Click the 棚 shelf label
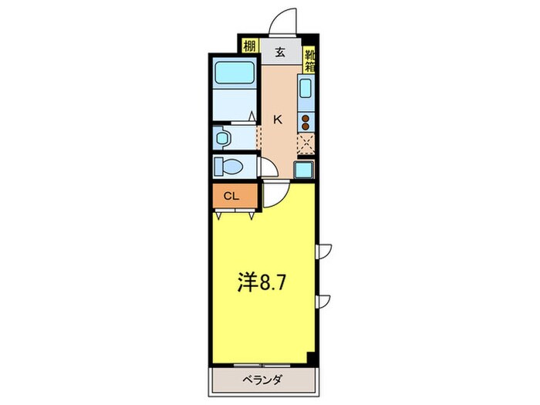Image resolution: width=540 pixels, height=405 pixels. click(249, 47)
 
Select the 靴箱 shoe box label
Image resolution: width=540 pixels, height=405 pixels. click(309, 59)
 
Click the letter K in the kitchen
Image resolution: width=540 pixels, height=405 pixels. click(278, 119)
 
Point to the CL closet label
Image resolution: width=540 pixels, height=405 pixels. click(231, 196)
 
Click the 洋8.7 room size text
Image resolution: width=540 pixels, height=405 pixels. click(262, 283)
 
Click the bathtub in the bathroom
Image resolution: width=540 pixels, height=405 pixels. click(234, 73)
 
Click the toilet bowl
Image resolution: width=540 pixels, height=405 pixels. click(230, 166)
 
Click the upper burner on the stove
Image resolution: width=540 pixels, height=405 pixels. click(306, 119)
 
